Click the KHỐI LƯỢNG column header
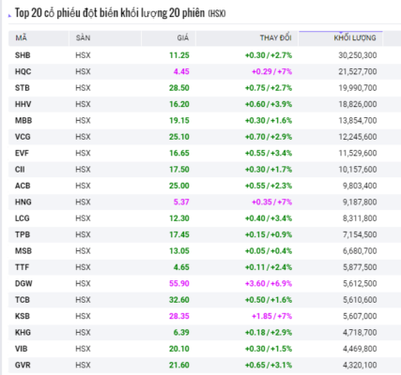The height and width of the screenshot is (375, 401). click(355, 37)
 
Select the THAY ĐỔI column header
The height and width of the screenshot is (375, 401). click(275, 37)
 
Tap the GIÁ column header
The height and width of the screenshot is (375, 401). click(183, 37)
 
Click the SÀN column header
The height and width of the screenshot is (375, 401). click(83, 37)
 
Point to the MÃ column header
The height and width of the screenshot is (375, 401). click(21, 37)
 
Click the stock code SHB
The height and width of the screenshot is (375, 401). click(23, 55)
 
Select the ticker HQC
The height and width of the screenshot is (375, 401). click(23, 71)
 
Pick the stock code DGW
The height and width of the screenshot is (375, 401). click(23, 283)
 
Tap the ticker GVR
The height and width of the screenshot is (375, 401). click(23, 365)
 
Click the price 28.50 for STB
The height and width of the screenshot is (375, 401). click(179, 88)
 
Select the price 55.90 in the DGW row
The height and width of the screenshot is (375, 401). click(179, 283)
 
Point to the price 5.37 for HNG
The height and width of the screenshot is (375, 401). click(181, 202)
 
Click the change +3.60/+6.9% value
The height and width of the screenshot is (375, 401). click(269, 283)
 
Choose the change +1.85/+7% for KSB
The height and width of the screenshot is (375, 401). click(271, 316)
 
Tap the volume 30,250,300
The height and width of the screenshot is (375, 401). click(358, 55)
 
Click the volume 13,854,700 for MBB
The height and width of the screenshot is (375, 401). click(358, 120)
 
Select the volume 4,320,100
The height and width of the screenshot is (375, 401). click(360, 365)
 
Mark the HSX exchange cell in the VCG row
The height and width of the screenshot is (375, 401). click(83, 137)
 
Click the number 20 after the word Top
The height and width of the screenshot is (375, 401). click(37, 13)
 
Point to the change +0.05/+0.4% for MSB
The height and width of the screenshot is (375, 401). click(269, 251)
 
